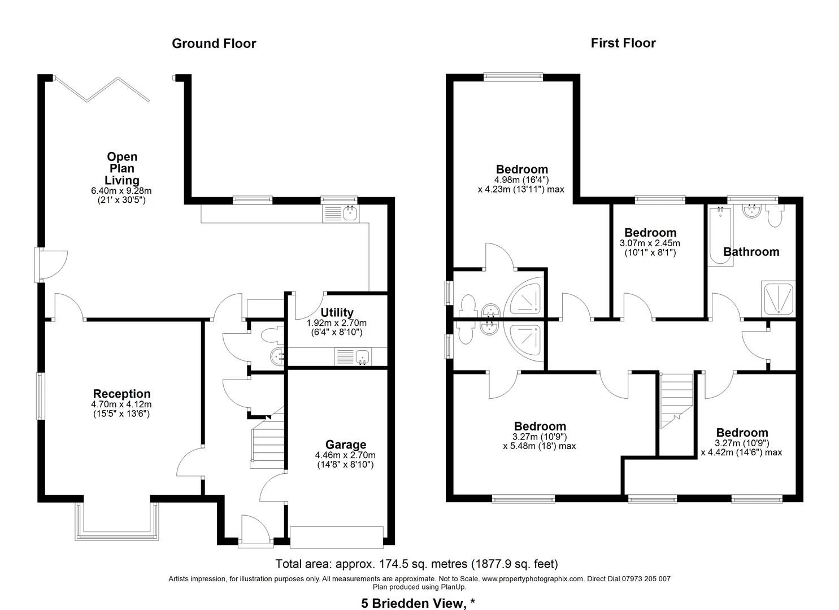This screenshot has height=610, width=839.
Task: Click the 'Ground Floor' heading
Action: coord(214,43)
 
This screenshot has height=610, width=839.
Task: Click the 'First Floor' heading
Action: coord(623,43)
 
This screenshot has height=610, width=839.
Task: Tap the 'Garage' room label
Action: coord(345,445)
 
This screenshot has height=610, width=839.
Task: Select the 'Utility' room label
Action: coord(337,312)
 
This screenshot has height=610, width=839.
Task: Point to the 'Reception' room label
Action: coord(122,394)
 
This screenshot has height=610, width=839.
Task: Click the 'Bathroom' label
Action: coord(751,251)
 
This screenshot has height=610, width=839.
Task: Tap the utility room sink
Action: coord(353,356)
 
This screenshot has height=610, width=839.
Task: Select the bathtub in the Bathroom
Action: coord(719,236)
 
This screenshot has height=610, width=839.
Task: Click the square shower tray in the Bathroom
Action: coord(779,298)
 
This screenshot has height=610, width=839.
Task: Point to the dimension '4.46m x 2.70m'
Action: coord(345,455)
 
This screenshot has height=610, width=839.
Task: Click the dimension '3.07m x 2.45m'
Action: coord(650,243)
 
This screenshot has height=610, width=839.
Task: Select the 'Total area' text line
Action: coord(416,564)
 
